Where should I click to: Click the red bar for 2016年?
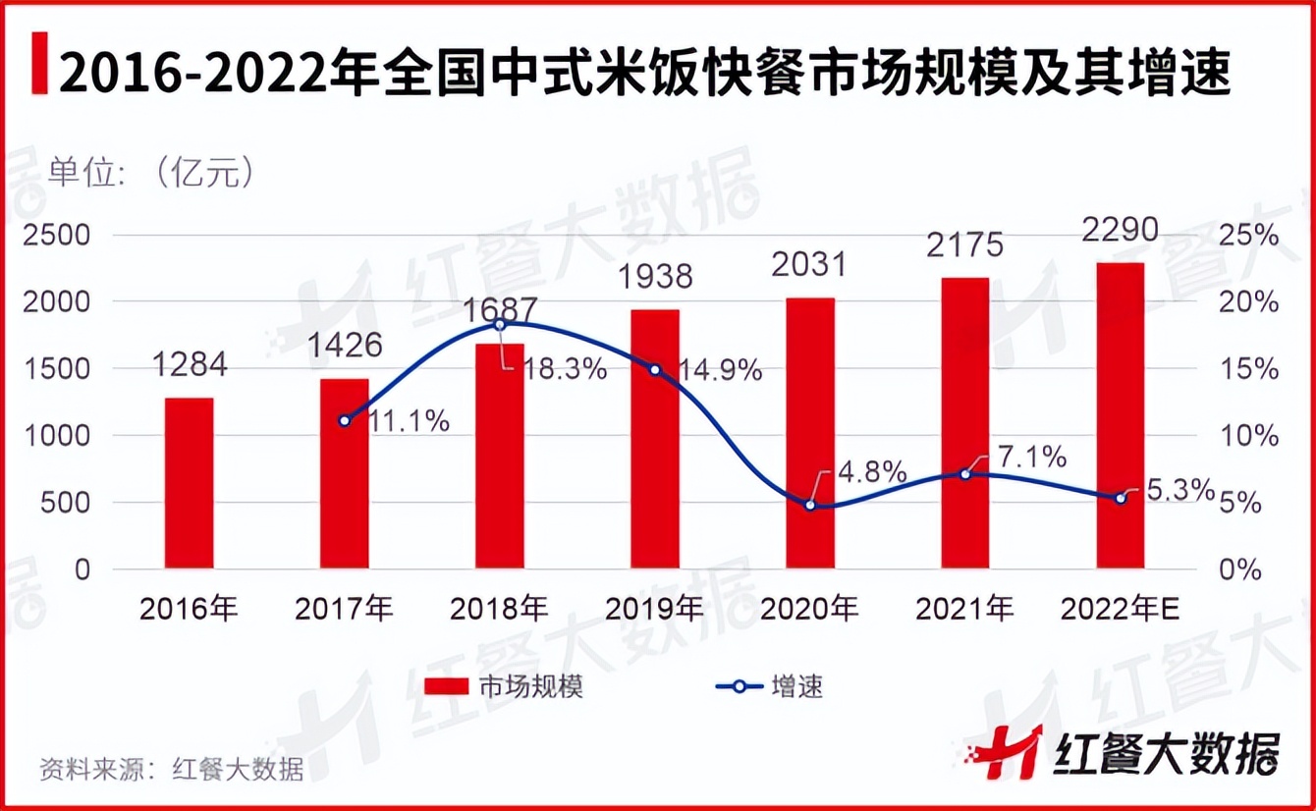coord(189,483)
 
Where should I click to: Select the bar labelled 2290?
coord(1120,415)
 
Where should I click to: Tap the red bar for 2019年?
coord(655,439)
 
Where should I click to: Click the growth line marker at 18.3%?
coord(499,324)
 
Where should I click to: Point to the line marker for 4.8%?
coord(810,505)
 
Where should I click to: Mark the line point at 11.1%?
coord(344,420)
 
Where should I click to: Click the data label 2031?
coord(809,266)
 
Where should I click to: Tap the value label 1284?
coord(189,365)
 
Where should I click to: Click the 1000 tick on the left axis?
coord(57,436)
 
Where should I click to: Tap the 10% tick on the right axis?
coord(1251,436)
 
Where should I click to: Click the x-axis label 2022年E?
coord(1120,610)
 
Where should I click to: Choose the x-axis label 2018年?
coord(499,610)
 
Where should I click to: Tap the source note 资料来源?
coord(172,768)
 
